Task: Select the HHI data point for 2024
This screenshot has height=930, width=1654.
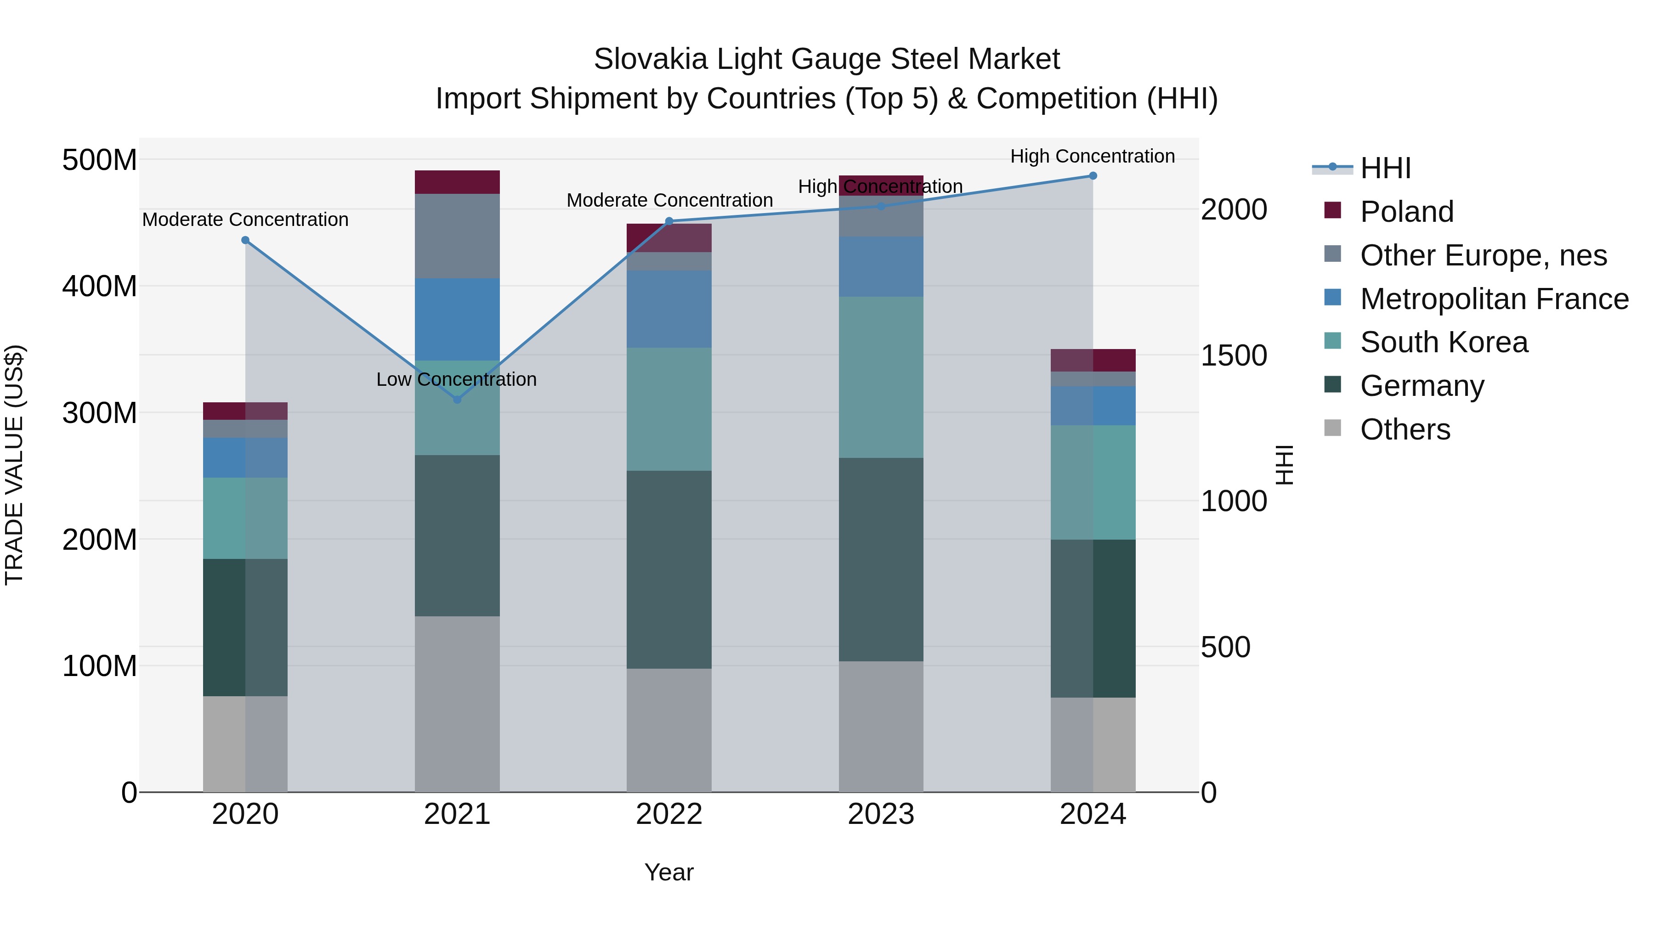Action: pos(1093,176)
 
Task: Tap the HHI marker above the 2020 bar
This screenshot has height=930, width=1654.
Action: pos(245,241)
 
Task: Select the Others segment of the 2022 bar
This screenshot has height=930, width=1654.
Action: pos(669,730)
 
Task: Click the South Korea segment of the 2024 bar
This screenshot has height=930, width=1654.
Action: pos(1093,482)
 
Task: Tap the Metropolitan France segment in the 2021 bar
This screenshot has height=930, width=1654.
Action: pos(457,319)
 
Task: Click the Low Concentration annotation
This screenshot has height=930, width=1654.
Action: pos(457,379)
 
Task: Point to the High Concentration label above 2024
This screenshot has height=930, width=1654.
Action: pos(1092,157)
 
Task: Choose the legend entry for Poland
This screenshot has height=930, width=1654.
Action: pos(1406,212)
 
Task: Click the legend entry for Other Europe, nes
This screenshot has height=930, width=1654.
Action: pos(1483,255)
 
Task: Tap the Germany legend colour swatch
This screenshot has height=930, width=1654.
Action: pos(1332,385)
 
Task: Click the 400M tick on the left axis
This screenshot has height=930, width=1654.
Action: pos(100,286)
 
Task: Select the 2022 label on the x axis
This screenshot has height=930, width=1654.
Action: pos(669,814)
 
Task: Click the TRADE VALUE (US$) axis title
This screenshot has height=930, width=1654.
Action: pos(14,465)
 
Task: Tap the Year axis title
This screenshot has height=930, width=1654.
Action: pos(669,872)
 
